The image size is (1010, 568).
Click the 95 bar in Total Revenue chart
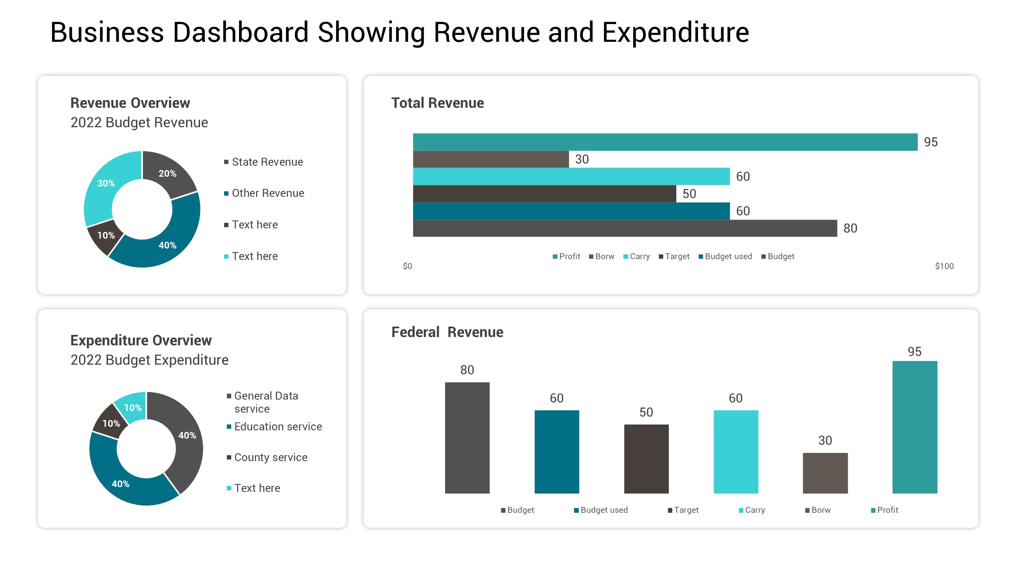coord(665,142)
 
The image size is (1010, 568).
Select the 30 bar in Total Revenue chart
coord(491,159)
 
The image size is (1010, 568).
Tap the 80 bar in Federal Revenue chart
coord(467,437)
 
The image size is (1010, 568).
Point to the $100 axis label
coord(944,266)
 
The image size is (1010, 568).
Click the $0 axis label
coord(408,266)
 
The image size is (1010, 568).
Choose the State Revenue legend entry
coord(267,162)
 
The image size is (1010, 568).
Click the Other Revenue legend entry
coord(268,193)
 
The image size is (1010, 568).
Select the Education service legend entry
coord(278,427)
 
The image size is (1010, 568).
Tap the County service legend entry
coord(271,458)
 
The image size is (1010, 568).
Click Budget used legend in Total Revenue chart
coord(728,256)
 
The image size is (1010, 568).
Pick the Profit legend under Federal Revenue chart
coord(887,510)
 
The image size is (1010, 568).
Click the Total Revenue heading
coord(438,103)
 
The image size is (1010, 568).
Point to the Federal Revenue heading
coord(447,332)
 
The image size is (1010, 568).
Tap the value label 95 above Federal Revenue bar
coord(915,351)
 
